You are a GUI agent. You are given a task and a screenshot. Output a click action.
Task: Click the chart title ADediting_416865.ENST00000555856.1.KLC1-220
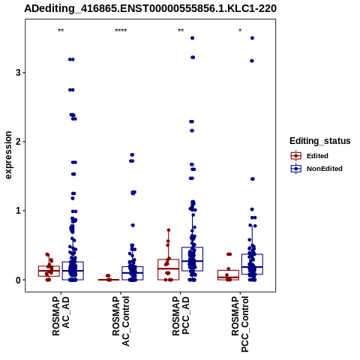pyautogui.click(x=150, y=8)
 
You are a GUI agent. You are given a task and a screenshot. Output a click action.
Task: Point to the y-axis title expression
pyautogui.click(x=8, y=155)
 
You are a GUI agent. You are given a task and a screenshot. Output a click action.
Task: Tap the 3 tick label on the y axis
pyautogui.click(x=18, y=73)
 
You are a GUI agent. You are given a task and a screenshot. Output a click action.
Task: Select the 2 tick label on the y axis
pyautogui.click(x=18, y=142)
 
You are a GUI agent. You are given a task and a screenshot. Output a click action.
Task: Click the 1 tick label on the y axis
pyautogui.click(x=18, y=211)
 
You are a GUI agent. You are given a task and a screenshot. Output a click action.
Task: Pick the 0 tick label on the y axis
pyautogui.click(x=18, y=280)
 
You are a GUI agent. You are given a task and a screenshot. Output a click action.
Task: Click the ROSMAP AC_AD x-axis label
pyautogui.click(x=61, y=316)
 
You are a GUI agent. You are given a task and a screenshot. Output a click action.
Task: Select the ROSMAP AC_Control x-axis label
pyautogui.click(x=121, y=321)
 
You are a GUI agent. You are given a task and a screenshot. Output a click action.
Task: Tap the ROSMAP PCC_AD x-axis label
pyautogui.click(x=181, y=316)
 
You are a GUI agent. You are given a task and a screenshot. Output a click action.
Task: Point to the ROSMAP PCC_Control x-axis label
pyautogui.click(x=240, y=324)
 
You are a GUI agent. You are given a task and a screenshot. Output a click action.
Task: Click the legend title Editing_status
pyautogui.click(x=320, y=141)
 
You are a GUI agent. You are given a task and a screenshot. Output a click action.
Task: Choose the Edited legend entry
pyautogui.click(x=310, y=156)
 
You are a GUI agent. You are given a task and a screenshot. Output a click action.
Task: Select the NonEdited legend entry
pyautogui.click(x=316, y=169)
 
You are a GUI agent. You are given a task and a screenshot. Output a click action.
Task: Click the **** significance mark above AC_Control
pyautogui.click(x=121, y=31)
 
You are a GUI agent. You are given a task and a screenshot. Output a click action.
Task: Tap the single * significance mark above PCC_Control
pyautogui.click(x=240, y=31)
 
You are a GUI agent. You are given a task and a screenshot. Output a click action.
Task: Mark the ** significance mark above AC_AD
pyautogui.click(x=61, y=31)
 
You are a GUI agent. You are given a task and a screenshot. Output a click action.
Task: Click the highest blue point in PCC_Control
pyautogui.click(x=252, y=38)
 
